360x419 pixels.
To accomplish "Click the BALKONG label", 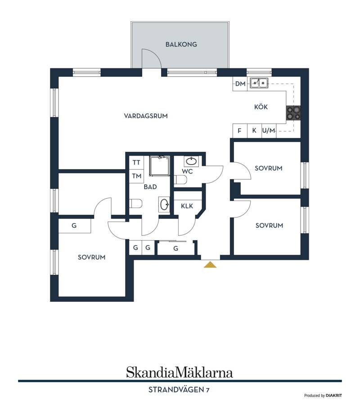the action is pyautogui.click(x=181, y=45).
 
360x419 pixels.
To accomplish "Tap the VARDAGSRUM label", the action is pyautogui.click(x=146, y=116).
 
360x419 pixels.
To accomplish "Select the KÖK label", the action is pyautogui.click(x=261, y=107).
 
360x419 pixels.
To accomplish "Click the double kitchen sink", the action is pyautogui.click(x=259, y=83).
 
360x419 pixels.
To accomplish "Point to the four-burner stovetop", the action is pyautogui.click(x=293, y=113).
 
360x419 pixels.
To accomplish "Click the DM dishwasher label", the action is pyautogui.click(x=240, y=84).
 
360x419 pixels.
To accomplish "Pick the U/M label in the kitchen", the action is pyautogui.click(x=269, y=131).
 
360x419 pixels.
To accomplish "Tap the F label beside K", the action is pyautogui.click(x=239, y=131).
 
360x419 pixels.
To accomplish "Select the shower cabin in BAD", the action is pyautogui.click(x=160, y=166).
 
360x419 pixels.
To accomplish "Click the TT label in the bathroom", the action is pyautogui.click(x=136, y=162).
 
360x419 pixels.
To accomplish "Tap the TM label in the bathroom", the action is pyautogui.click(x=137, y=176).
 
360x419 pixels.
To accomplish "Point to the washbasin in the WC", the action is pyautogui.click(x=191, y=161).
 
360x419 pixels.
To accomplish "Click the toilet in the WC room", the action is pyautogui.click(x=180, y=180).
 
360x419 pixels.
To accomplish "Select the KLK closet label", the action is pyautogui.click(x=187, y=206).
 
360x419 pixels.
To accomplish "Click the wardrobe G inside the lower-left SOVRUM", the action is pyautogui.click(x=74, y=226).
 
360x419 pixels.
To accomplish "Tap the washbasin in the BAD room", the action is pyautogui.click(x=164, y=205).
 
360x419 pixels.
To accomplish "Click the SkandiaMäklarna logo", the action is pyautogui.click(x=180, y=372).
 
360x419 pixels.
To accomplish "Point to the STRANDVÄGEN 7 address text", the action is pyautogui.click(x=179, y=390).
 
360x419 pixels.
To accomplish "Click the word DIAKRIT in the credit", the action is pyautogui.click(x=334, y=396).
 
